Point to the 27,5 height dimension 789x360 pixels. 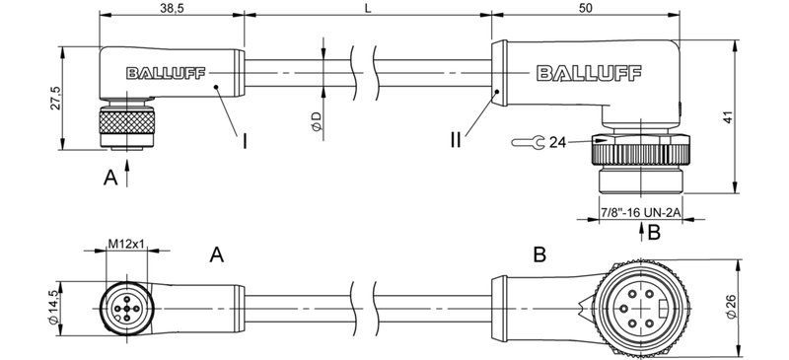coord(56,99)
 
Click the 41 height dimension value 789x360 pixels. coord(752,117)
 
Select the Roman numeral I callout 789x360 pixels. coord(243,139)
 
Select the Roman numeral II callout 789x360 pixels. coord(456,139)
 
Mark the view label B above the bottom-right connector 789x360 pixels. coord(539,256)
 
